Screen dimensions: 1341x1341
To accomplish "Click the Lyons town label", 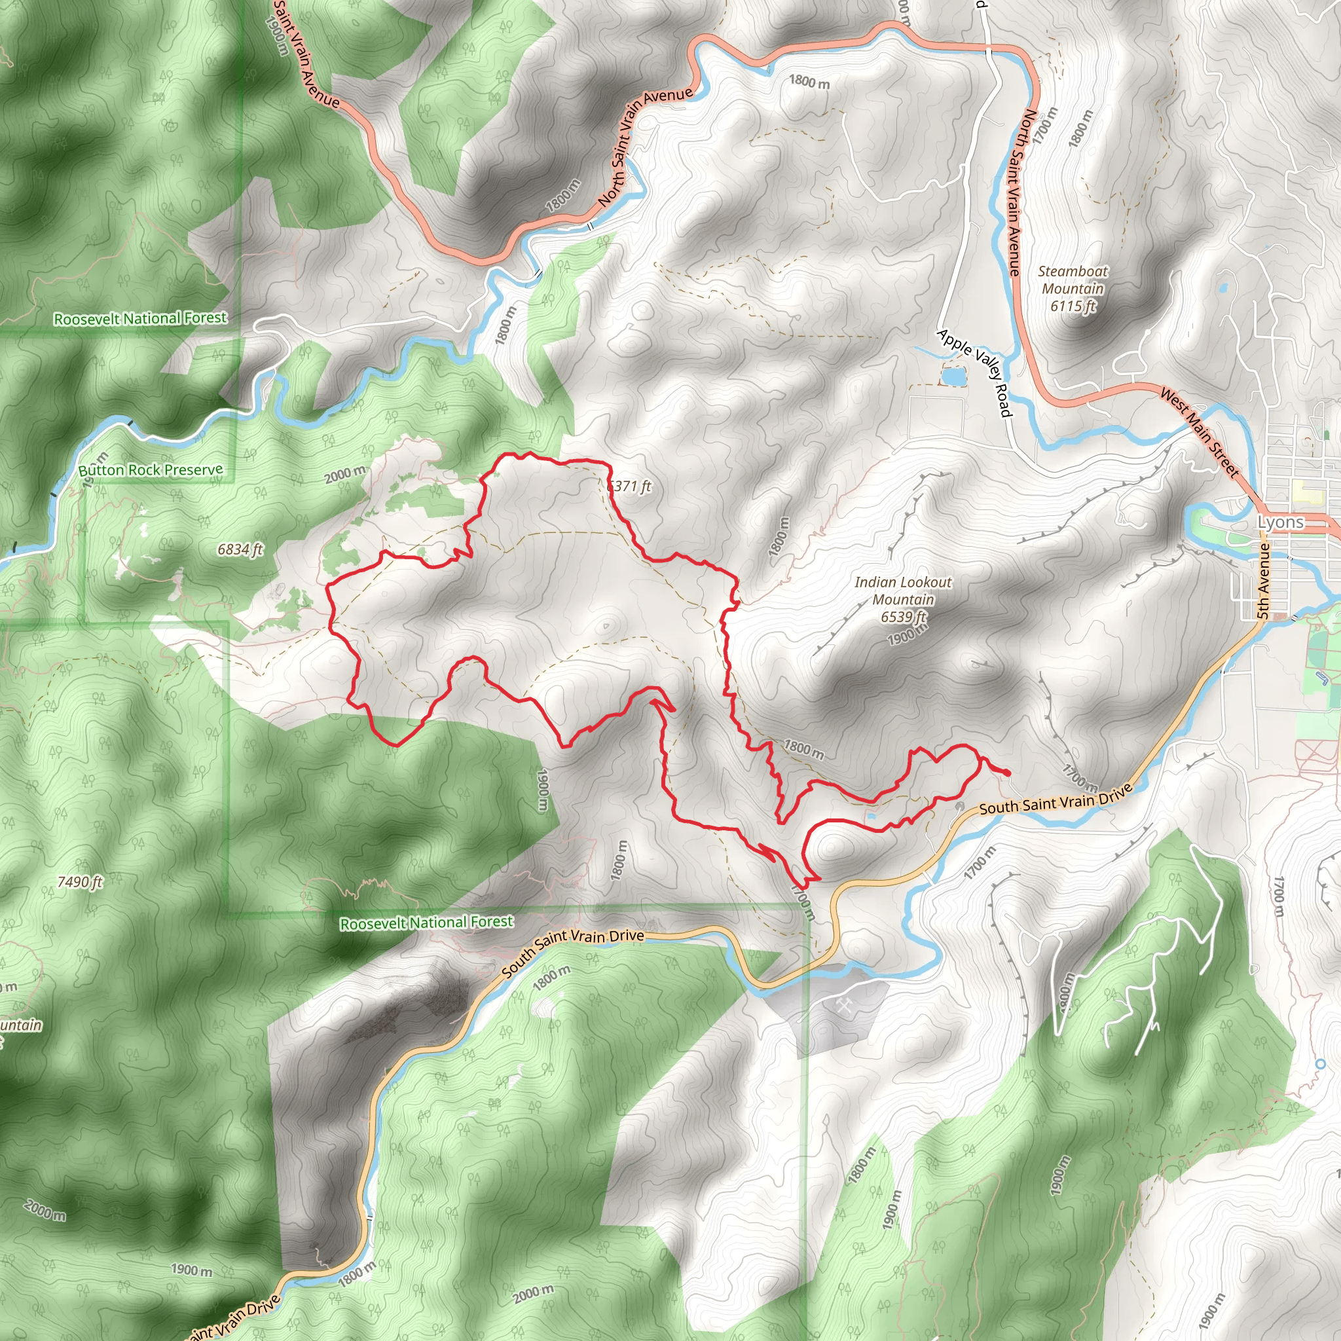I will (x=1281, y=522).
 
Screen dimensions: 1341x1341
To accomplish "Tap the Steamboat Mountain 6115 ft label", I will (x=1073, y=288).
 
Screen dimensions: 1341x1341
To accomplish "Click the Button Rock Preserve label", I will (x=151, y=470).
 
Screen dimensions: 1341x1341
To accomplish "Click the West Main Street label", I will (x=1200, y=433).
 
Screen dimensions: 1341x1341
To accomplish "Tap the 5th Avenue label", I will (x=1264, y=581).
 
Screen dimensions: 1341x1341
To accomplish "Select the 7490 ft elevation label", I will (x=80, y=881).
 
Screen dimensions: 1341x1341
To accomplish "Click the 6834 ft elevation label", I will (x=240, y=549).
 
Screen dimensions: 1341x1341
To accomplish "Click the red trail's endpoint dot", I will (x=1006, y=773).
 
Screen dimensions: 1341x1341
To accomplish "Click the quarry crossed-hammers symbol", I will (x=844, y=1006).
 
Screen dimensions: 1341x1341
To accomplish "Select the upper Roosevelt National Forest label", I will (x=140, y=319).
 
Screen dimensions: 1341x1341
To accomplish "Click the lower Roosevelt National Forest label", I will (x=426, y=923).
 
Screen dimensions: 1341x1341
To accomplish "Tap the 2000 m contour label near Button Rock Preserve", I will (x=345, y=475).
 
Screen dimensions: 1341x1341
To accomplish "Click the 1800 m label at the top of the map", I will (x=809, y=82).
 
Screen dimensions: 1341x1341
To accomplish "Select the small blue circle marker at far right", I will (x=1320, y=1064).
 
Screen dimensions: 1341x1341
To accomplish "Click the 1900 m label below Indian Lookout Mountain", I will (x=907, y=634).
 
